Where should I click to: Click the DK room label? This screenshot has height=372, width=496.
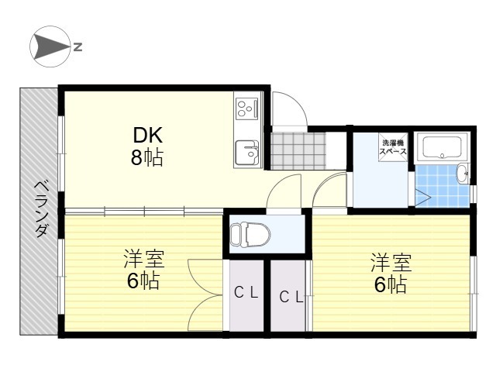[148, 135]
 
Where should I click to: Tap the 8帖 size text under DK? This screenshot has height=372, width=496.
[147, 157]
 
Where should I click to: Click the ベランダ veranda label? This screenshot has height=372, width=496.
[41, 209]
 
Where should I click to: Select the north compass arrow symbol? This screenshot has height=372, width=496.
[50, 46]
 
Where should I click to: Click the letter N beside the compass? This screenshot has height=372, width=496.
[77, 46]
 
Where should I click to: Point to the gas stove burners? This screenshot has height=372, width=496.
[246, 108]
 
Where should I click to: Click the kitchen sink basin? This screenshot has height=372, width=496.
[246, 152]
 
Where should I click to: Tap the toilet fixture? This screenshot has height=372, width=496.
[250, 234]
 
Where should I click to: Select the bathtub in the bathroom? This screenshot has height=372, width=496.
[443, 146]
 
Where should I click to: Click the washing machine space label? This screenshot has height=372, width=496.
[393, 147]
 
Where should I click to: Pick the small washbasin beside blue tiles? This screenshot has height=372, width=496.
[463, 174]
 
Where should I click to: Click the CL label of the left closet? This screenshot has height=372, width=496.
[246, 293]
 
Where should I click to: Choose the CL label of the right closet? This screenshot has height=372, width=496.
[291, 297]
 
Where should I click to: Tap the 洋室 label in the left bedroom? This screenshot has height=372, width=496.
[144, 258]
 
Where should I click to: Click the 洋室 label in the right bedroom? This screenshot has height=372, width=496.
[391, 262]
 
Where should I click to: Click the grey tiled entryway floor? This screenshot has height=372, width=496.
[298, 151]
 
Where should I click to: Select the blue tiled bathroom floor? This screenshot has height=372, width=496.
[443, 186]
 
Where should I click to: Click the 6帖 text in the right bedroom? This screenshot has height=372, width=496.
[391, 284]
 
